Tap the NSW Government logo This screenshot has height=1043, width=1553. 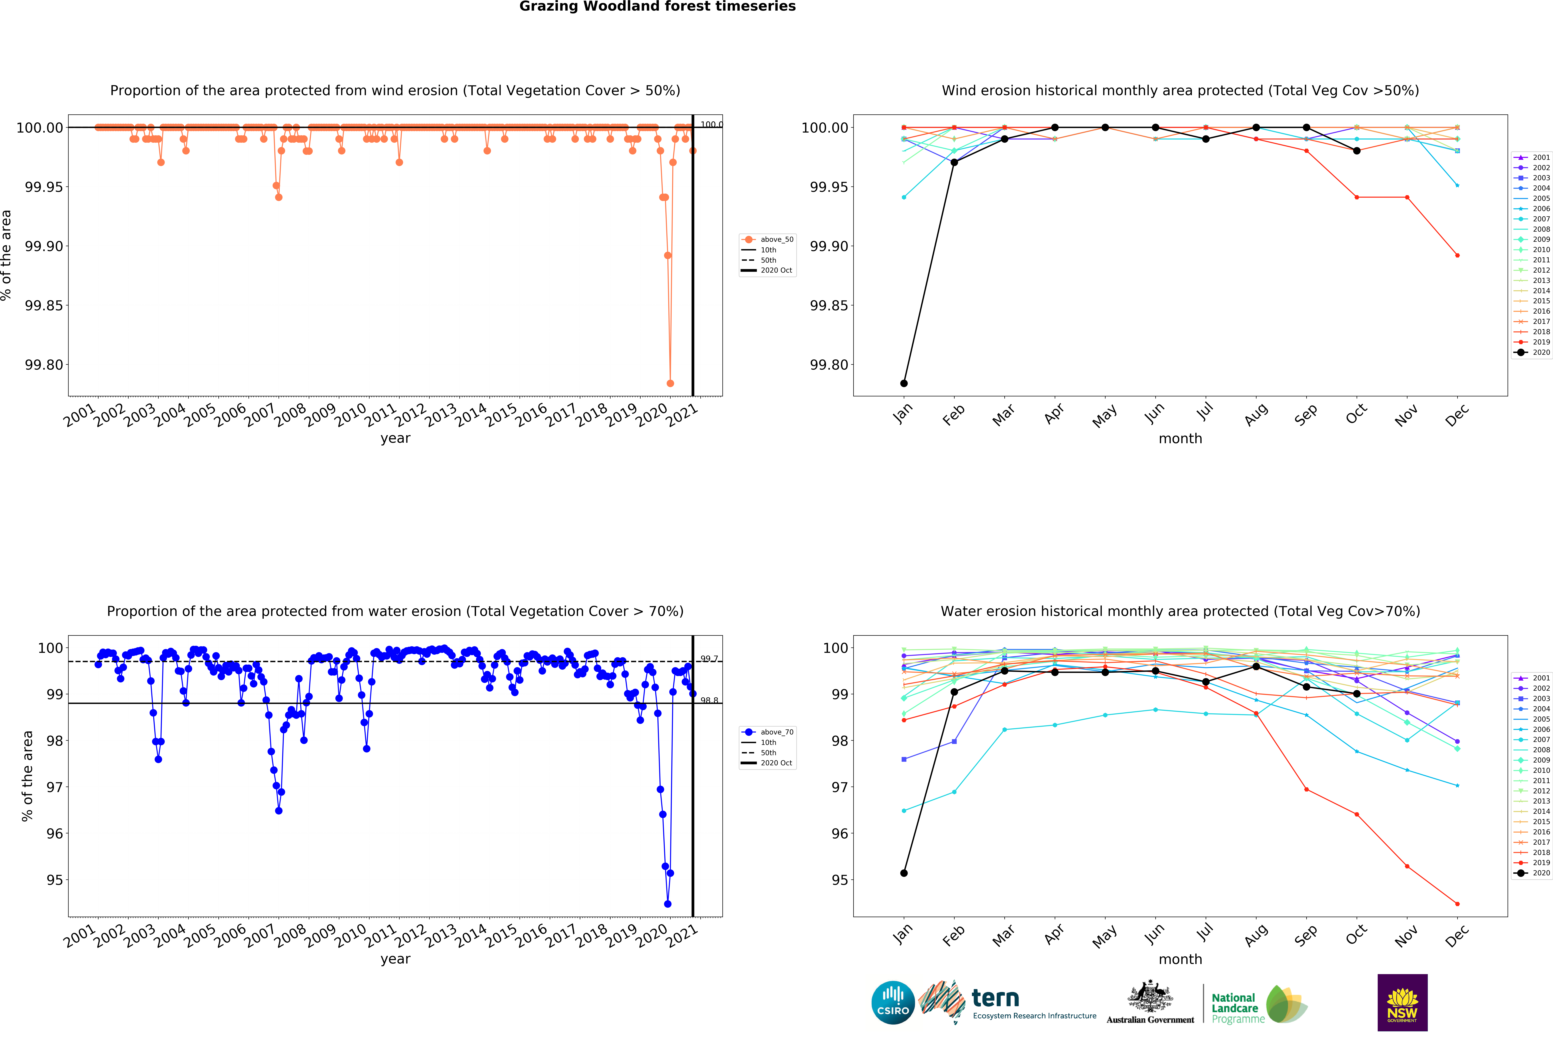(x=1402, y=1002)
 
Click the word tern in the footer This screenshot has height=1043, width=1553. (x=995, y=998)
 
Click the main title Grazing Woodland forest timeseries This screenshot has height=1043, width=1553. (x=657, y=7)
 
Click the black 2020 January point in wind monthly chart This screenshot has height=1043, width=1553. (x=903, y=383)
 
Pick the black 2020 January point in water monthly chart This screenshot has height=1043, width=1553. (x=903, y=873)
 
